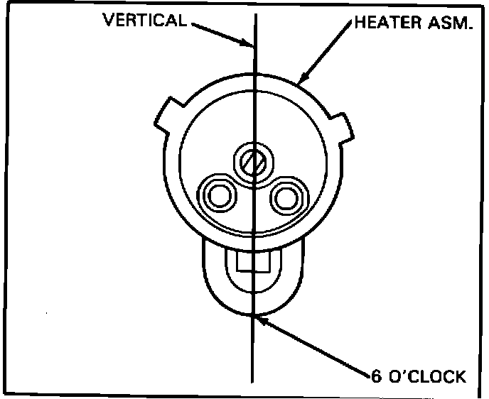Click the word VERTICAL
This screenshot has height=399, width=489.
[145, 19]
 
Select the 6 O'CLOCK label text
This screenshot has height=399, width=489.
[418, 376]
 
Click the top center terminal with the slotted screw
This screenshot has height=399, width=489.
[253, 161]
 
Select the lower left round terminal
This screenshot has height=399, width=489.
[217, 194]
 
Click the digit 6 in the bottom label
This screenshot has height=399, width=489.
[376, 376]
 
